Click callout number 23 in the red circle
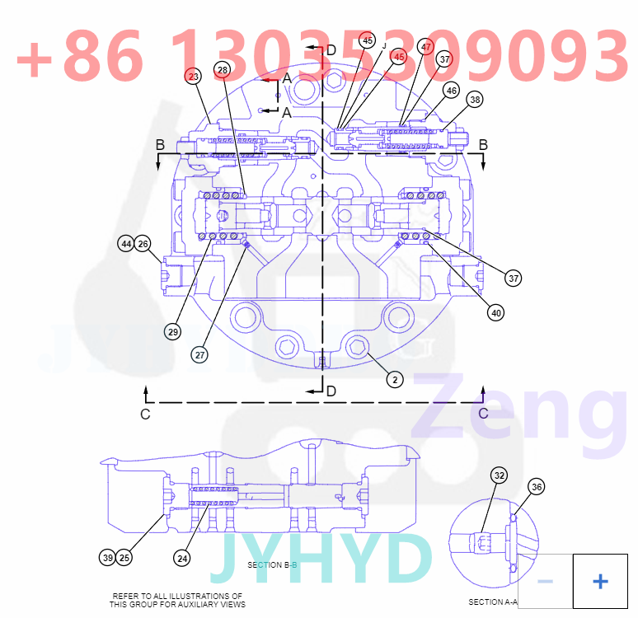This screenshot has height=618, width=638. [x=193, y=77]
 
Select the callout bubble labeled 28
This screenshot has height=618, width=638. [x=223, y=69]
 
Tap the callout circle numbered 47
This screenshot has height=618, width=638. [x=425, y=47]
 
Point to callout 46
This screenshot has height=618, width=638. [x=451, y=90]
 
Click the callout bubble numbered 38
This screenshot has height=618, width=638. [x=475, y=100]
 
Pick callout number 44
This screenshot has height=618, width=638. [x=125, y=244]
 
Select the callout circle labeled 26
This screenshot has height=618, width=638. [x=143, y=244]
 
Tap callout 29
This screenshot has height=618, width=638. [x=172, y=332]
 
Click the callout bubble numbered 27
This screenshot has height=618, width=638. [x=200, y=354]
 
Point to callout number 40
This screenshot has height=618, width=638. [x=495, y=312]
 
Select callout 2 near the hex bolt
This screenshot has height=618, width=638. [x=396, y=379]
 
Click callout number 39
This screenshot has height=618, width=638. [x=108, y=558]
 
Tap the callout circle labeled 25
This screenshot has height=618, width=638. [x=124, y=558]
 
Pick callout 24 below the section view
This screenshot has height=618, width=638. [x=182, y=558]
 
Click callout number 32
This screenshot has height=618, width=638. [x=500, y=475]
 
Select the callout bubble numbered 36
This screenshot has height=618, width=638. [x=537, y=487]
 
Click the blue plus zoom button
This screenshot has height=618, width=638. [x=600, y=582]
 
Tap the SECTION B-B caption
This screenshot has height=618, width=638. [x=272, y=565]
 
